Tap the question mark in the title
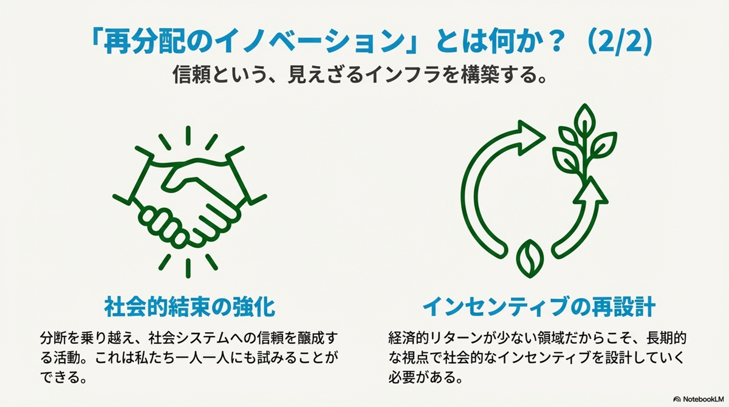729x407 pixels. tap(550, 42)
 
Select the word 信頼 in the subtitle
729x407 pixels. tap(191, 75)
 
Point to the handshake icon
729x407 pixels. tap(190, 202)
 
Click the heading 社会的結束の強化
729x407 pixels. tap(190, 307)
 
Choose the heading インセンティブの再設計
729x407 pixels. tap(539, 307)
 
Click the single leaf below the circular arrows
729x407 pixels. tap(530, 259)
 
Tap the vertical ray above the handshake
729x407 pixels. tap(188, 135)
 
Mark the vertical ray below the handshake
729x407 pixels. tap(188, 268)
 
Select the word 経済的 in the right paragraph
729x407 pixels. tap(408, 338)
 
